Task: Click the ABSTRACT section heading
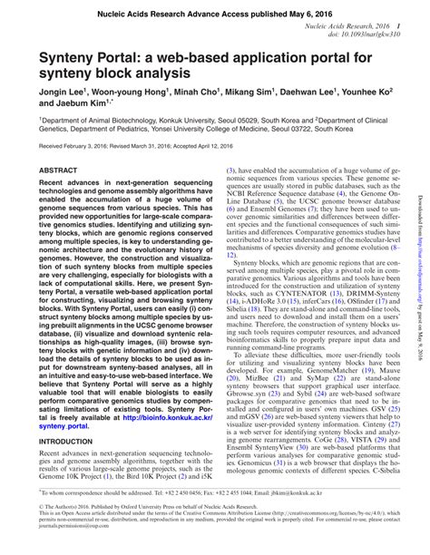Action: [58, 170]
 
